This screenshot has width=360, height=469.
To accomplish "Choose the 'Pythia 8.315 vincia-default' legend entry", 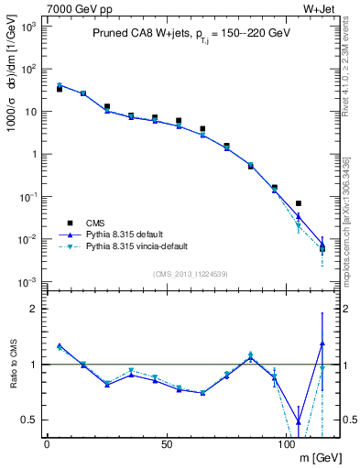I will [x=141, y=246].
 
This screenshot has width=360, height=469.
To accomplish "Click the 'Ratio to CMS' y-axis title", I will [x=12, y=364].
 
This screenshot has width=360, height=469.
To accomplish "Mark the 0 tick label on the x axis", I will [x=47, y=445].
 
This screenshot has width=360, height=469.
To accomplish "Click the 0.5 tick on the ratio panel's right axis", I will [x=340, y=420].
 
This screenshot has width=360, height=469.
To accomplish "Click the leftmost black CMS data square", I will [x=60, y=89].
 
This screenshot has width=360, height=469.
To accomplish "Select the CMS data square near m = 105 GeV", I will [x=299, y=203].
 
